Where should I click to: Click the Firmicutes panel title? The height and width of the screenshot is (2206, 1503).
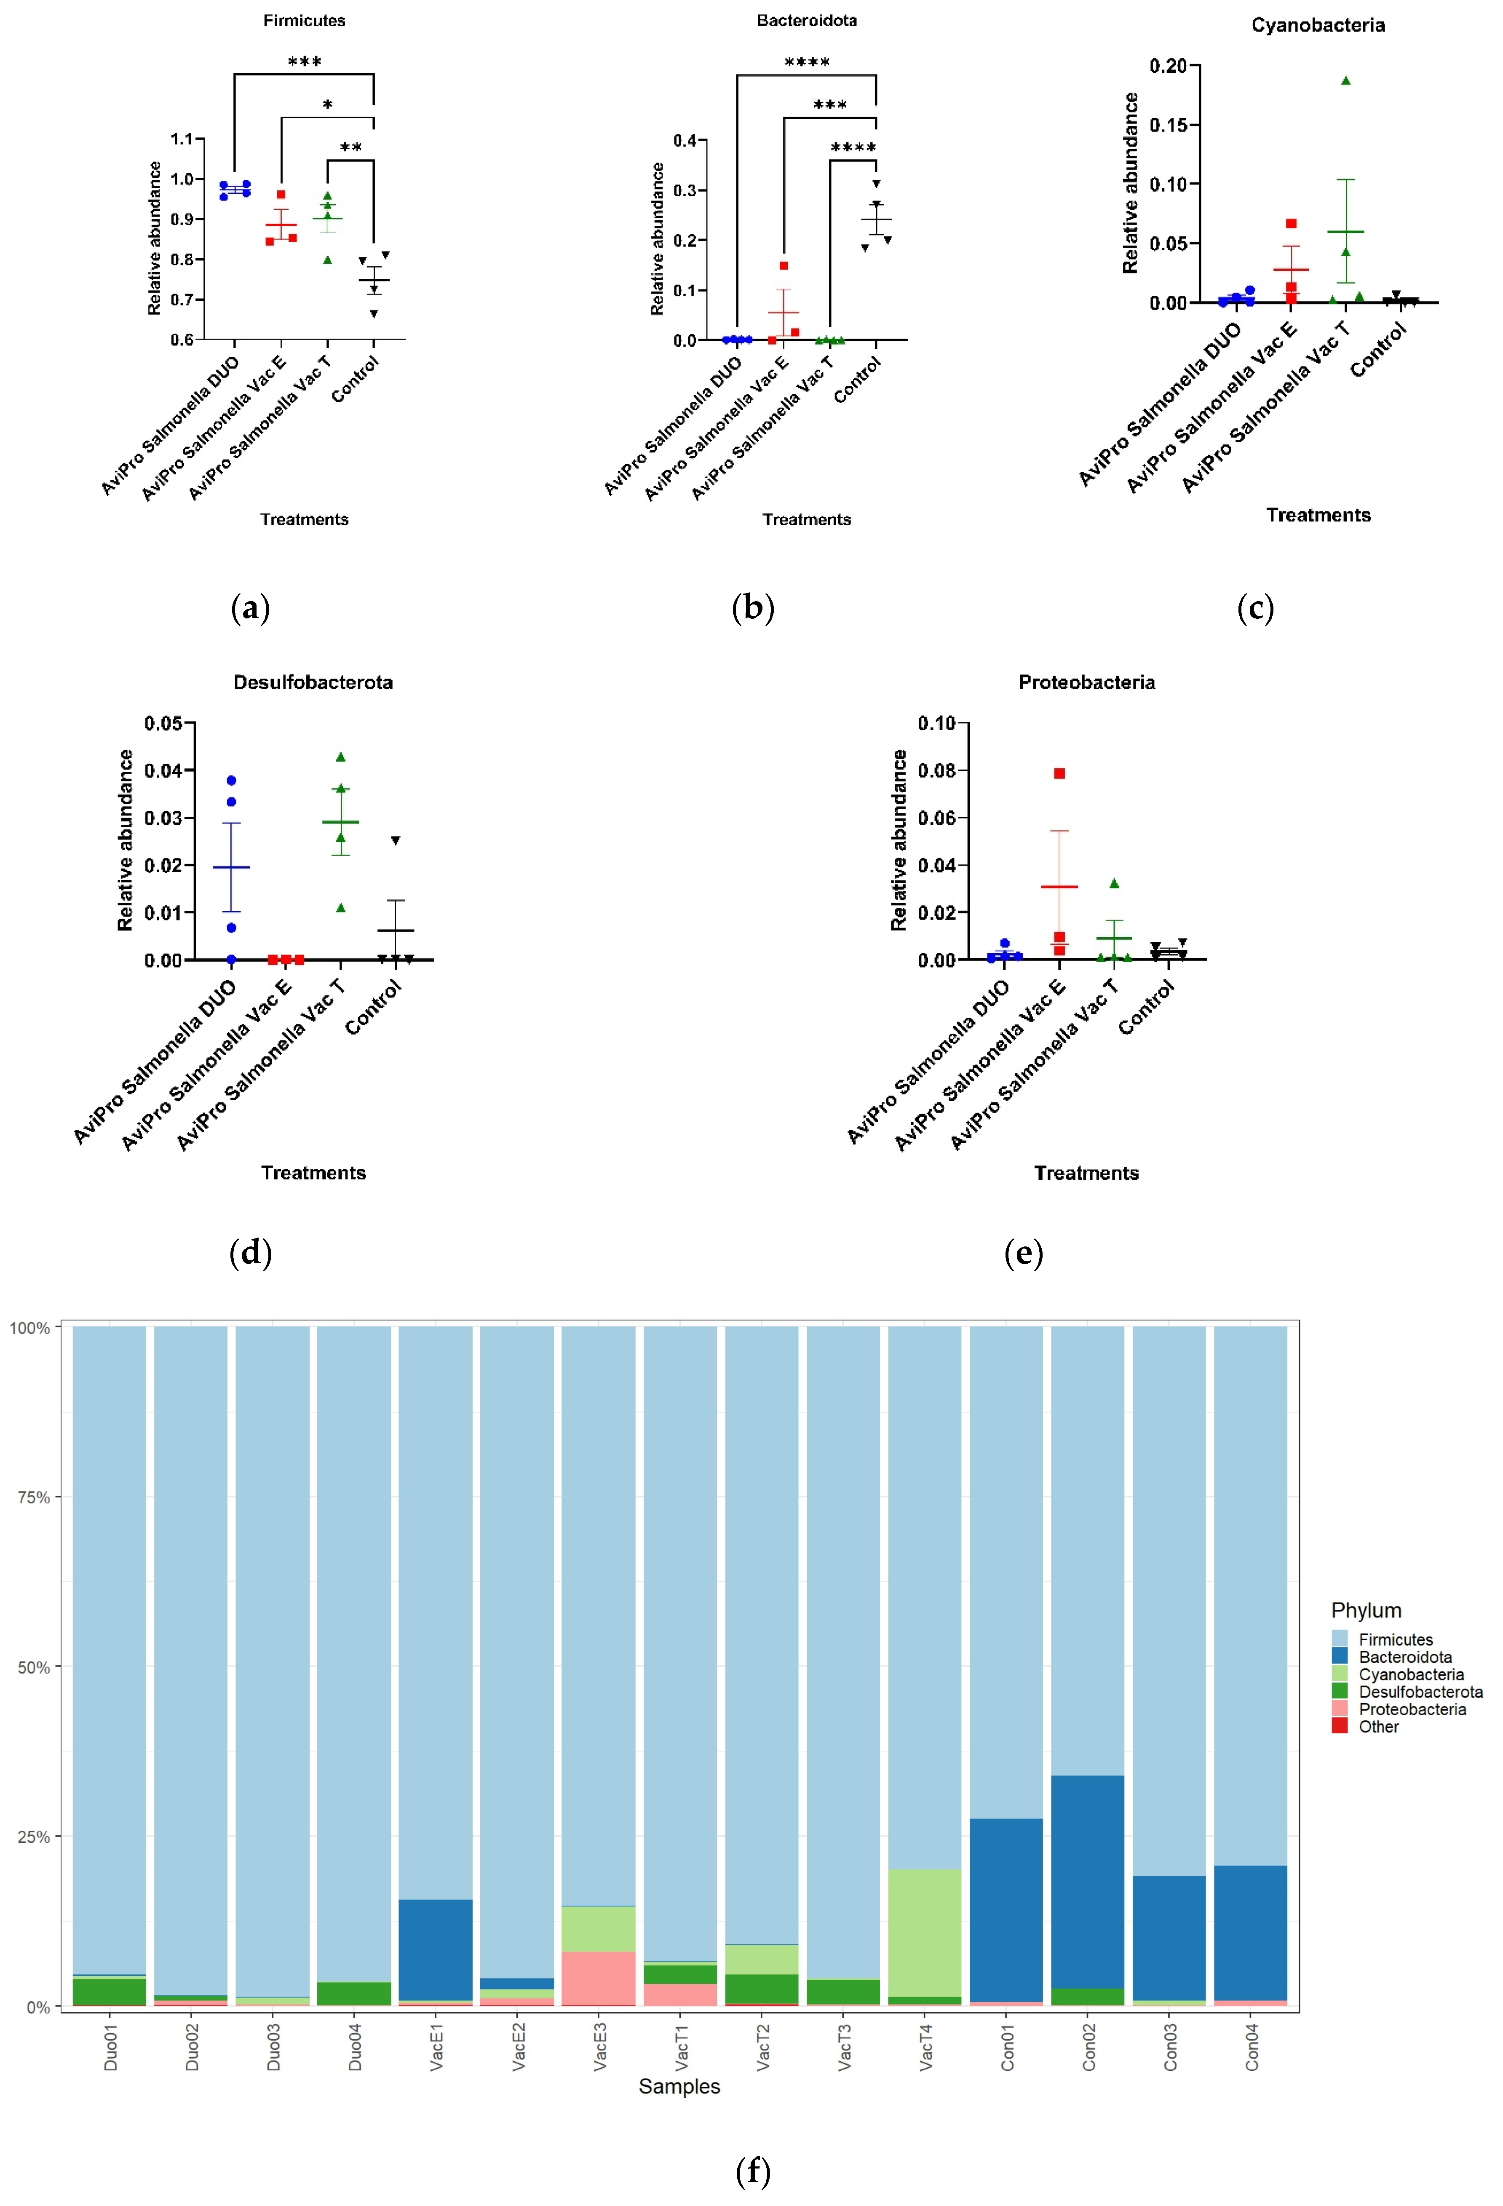304,20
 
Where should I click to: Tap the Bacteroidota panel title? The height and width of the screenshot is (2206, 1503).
806,20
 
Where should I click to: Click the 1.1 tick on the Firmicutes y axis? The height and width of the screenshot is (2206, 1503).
182,139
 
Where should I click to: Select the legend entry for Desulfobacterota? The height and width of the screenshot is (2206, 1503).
1420,1692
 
